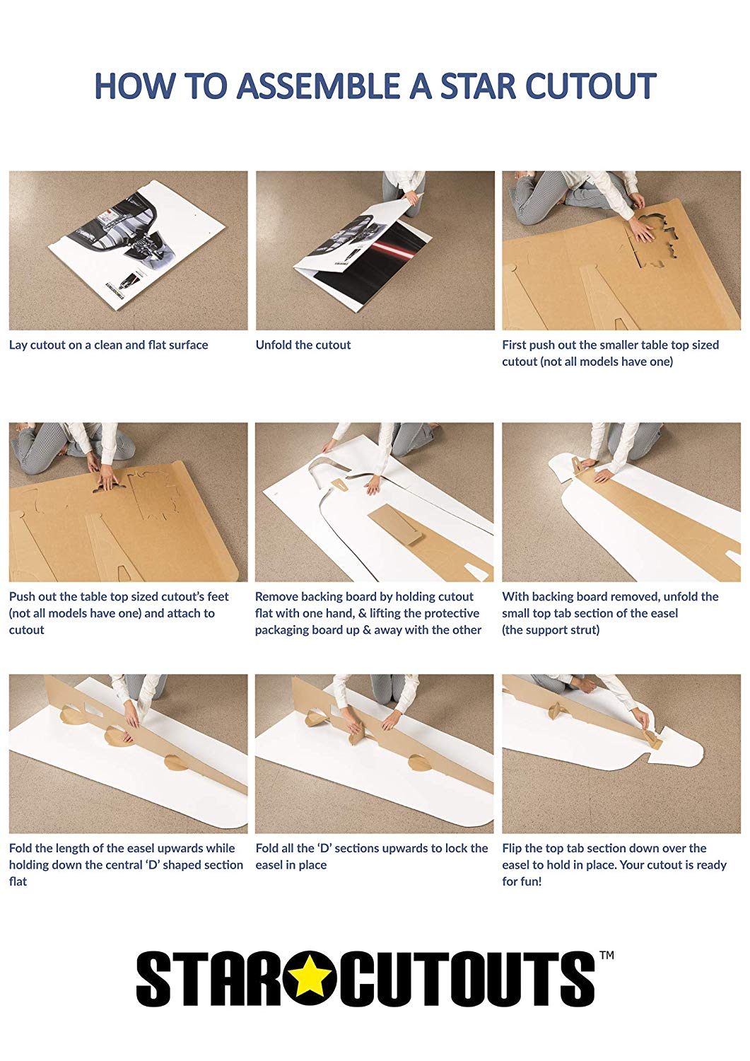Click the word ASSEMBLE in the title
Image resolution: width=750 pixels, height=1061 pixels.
point(320,86)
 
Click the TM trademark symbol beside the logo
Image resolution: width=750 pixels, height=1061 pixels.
point(607,955)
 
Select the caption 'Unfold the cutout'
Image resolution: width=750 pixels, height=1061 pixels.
point(303,345)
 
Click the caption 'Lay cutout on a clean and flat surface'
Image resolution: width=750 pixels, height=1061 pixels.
point(108,345)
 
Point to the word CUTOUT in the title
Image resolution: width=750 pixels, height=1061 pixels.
point(591,86)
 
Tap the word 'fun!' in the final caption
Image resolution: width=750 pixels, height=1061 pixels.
point(529,881)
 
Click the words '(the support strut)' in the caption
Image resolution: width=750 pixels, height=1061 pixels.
point(551,630)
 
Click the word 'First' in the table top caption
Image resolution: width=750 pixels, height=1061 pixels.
point(514,345)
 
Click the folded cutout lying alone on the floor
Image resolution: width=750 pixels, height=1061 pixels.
point(136,249)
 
